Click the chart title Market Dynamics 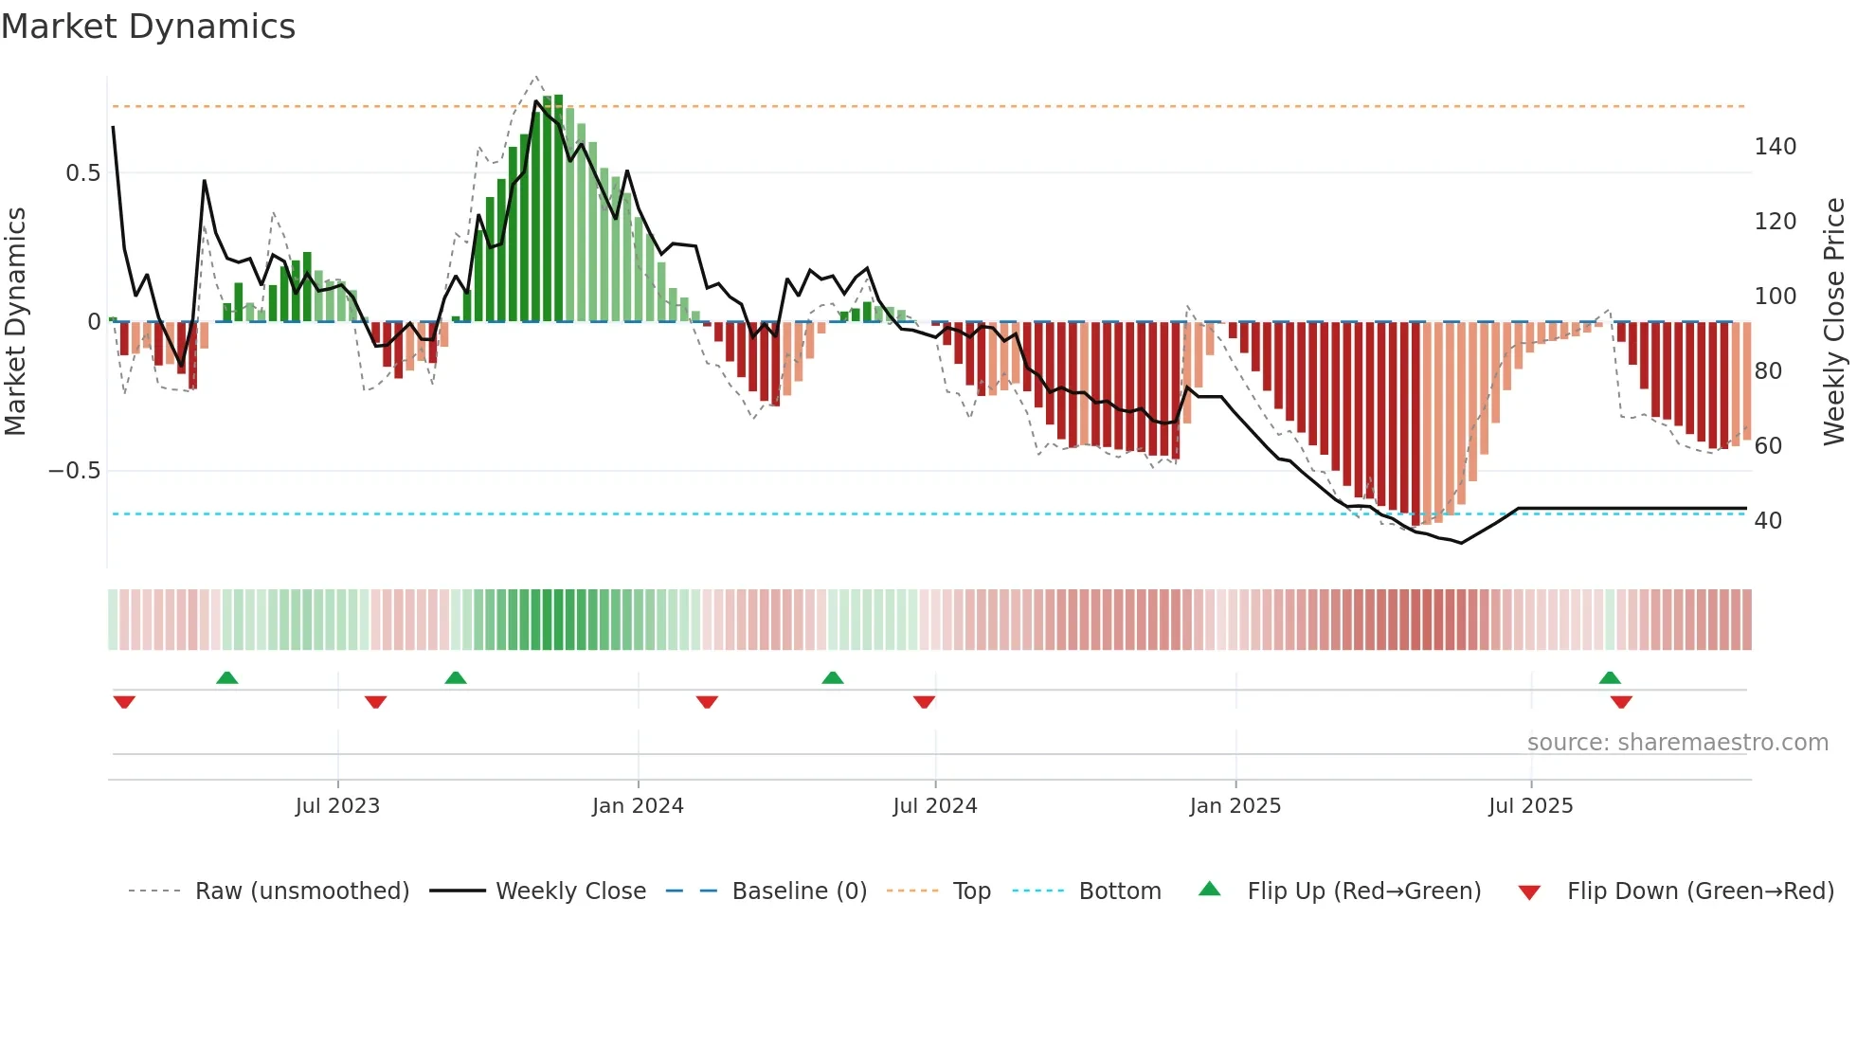pos(148,27)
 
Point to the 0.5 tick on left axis pos(82,173)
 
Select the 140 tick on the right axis pos(1775,147)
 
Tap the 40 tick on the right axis pos(1767,521)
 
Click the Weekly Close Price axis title pos(1833,322)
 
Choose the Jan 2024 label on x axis pos(638,806)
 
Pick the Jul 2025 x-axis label pos(1530,806)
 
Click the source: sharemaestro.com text pos(1677,743)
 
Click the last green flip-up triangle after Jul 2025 pos(1610,678)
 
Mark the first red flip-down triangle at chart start pos(124,702)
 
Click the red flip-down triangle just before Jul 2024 pos(924,702)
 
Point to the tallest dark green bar pos(558,208)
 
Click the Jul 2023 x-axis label pos(337,806)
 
